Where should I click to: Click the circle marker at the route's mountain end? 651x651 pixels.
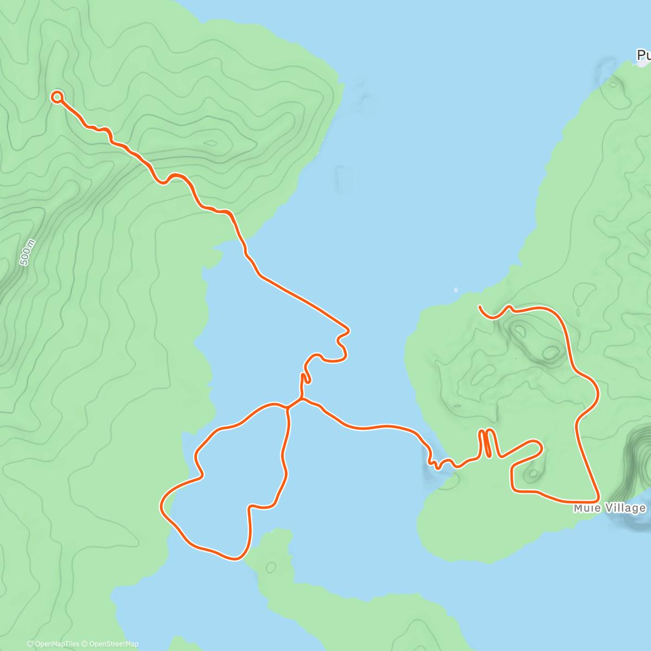point(57,97)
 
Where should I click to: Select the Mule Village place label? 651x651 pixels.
point(610,508)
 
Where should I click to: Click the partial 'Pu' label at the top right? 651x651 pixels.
point(643,55)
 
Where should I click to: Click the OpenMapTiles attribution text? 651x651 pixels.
point(53,644)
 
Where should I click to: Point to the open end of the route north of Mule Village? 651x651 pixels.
point(480,307)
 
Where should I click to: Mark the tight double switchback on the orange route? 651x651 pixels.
point(487,442)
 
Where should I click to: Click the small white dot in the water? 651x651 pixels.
point(456,289)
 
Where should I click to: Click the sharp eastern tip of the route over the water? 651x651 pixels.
point(348,329)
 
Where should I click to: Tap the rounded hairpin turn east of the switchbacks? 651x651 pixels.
point(539,446)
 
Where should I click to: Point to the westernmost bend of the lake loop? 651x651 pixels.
point(161,507)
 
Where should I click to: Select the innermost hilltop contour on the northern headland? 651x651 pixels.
point(210,144)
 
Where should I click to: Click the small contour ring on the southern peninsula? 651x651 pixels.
point(271,567)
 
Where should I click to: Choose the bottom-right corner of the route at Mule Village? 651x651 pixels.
point(597,499)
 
